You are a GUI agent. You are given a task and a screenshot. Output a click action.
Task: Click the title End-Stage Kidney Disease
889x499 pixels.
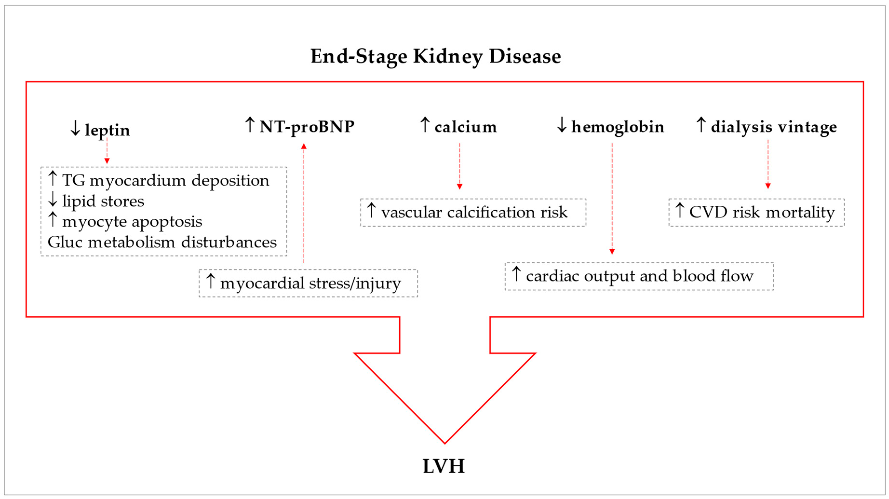(x=435, y=56)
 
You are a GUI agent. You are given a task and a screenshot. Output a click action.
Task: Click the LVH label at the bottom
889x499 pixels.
(x=444, y=466)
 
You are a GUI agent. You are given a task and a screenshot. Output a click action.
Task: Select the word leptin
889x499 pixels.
(x=107, y=130)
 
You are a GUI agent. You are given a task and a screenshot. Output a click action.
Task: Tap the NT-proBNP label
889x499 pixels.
(x=307, y=127)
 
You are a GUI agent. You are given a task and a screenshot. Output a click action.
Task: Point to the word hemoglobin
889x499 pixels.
(x=617, y=127)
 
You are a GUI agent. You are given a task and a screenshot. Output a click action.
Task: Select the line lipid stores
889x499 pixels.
(x=103, y=201)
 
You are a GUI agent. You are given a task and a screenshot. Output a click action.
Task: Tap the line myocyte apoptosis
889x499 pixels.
(x=132, y=221)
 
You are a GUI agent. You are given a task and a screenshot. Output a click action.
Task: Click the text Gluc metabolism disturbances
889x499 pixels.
(x=162, y=242)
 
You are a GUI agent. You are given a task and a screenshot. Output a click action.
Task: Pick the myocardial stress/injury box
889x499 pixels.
(x=308, y=283)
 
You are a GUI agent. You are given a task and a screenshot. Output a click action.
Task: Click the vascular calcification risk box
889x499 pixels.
(x=473, y=212)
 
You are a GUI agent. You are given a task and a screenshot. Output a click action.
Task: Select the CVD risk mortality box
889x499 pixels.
(x=756, y=212)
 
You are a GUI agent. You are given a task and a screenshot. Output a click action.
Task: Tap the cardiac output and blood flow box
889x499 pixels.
(x=639, y=276)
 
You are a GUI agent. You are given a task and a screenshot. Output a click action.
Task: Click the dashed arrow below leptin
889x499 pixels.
(x=107, y=150)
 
